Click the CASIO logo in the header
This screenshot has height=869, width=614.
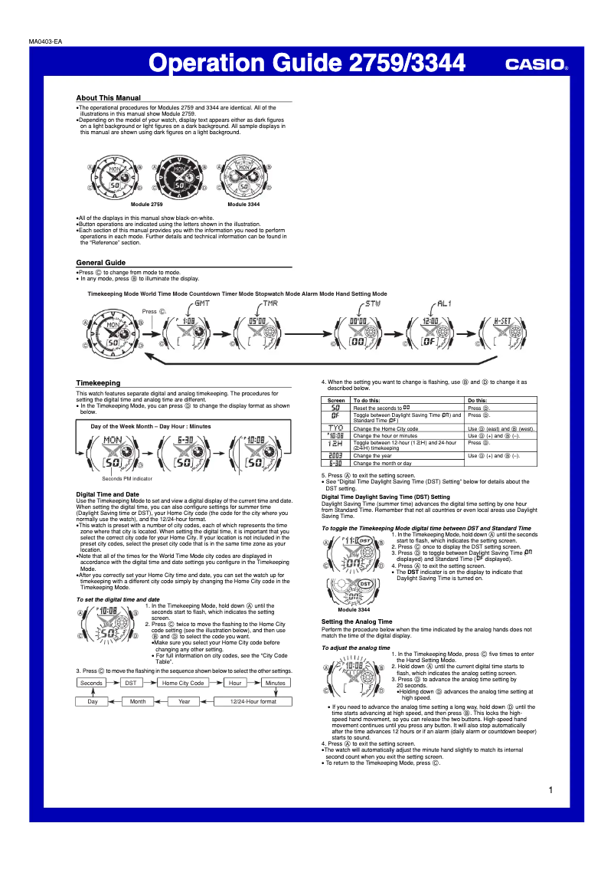[x=535, y=65]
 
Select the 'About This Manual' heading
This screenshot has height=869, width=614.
[x=108, y=97]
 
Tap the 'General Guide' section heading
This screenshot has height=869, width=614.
[x=100, y=262]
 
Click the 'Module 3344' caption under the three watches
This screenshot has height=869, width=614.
[x=243, y=205]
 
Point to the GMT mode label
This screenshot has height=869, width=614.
[x=203, y=303]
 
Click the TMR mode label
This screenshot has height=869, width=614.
[x=271, y=303]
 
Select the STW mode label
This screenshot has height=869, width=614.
[x=373, y=303]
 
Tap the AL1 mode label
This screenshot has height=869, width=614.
[x=444, y=303]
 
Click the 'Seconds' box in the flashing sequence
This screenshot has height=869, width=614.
[x=92, y=683]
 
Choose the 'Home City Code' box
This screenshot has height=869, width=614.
[x=183, y=683]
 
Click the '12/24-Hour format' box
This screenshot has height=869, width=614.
[x=253, y=701]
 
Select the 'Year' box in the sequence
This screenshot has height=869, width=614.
[x=185, y=701]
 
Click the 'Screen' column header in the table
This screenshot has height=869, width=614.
[x=336, y=400]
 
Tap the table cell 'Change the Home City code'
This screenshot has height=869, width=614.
[x=385, y=428]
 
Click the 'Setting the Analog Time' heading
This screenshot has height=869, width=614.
[x=357, y=621]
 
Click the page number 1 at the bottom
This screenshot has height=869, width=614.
[x=550, y=790]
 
